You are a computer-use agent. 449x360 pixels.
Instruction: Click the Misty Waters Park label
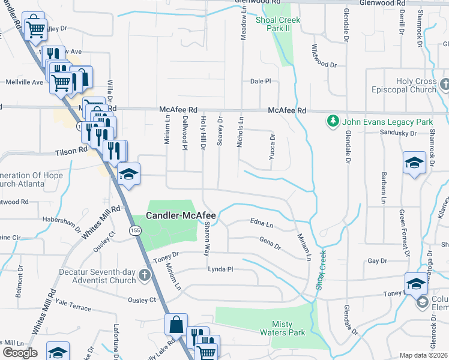[x=282, y=328]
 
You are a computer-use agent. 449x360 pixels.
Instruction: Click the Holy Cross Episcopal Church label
[x=416, y=85]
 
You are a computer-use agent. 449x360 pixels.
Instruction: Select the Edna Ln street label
[x=262, y=224]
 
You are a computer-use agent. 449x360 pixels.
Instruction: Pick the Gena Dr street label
[x=270, y=244]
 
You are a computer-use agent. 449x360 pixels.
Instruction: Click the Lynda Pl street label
[x=220, y=269]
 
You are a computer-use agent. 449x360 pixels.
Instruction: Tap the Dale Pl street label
[x=261, y=81]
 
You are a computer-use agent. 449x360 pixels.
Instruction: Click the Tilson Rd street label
[x=71, y=152]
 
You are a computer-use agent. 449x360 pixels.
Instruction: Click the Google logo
[x=20, y=353]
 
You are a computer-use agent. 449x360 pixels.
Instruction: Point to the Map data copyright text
[x=422, y=355]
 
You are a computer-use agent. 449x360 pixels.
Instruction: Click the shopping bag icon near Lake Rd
[x=176, y=325]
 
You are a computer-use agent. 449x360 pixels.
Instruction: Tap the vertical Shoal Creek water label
[x=321, y=270]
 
